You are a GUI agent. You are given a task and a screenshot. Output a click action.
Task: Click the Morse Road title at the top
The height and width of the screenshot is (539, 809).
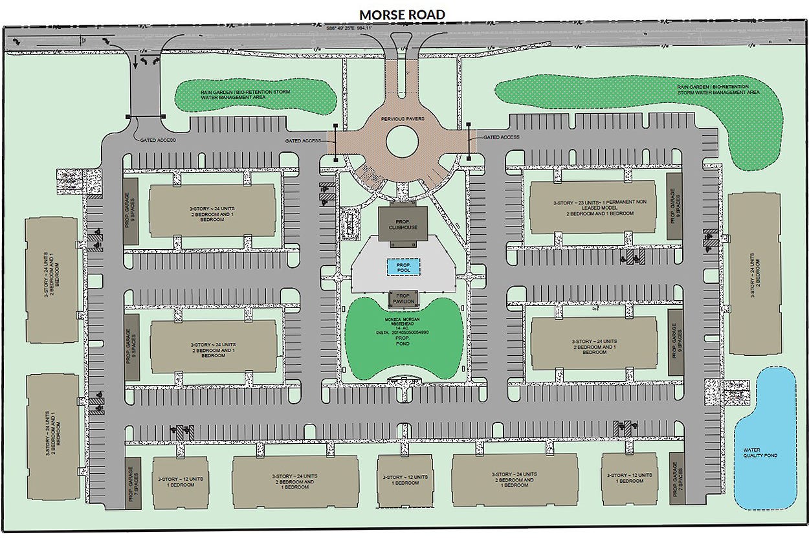[403, 14]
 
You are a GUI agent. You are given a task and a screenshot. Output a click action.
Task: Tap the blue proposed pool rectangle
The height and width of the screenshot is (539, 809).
[403, 266]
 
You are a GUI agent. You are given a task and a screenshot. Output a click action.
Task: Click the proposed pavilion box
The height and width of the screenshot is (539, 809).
[403, 299]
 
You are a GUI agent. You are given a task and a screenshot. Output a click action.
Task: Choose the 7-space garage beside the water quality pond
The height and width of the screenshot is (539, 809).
[677, 479]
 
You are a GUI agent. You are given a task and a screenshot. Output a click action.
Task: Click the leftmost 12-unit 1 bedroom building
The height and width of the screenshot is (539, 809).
[181, 482]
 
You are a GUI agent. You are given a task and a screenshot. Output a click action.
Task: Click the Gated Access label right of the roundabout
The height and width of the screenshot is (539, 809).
[502, 137]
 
